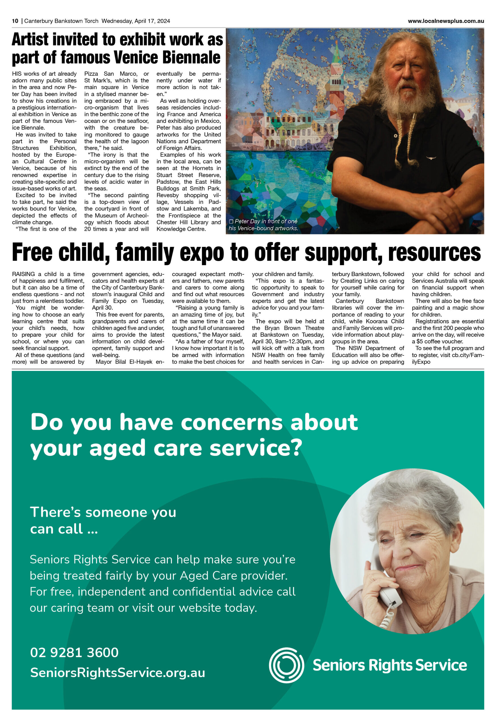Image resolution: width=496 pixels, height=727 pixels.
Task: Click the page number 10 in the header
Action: [15, 21]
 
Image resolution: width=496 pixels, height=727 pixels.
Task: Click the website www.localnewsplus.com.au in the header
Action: [446, 21]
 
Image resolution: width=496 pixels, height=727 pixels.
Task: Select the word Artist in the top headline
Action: [30, 39]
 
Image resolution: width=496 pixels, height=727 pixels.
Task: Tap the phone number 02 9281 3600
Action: [74, 653]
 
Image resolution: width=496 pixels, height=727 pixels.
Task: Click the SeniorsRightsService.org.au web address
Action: [117, 672]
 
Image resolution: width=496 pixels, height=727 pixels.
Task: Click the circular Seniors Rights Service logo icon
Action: [286, 665]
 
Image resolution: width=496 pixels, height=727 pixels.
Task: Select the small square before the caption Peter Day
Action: [231, 222]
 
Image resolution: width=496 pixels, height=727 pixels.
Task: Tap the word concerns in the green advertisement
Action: [231, 422]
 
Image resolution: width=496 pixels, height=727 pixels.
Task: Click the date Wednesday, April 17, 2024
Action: [136, 21]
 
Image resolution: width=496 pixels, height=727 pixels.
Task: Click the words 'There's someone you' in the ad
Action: [103, 512]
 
